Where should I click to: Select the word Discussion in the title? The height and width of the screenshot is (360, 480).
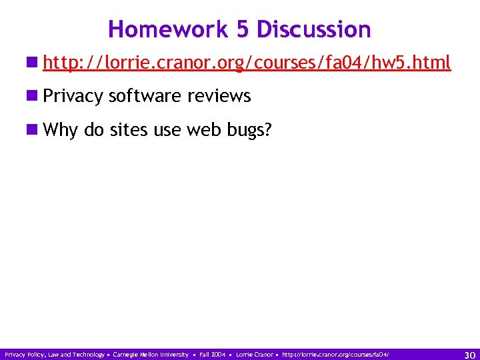313,29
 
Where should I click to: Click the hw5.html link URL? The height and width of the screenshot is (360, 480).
246,63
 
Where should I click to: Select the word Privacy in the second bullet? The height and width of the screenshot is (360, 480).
73,97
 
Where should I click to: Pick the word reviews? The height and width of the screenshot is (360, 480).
219,97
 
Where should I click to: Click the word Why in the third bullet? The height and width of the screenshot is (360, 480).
61,130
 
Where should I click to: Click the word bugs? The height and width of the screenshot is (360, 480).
248,130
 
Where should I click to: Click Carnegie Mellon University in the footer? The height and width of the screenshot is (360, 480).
151,355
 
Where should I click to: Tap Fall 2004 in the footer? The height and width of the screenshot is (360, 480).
213,355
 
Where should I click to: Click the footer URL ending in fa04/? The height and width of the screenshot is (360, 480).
335,355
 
